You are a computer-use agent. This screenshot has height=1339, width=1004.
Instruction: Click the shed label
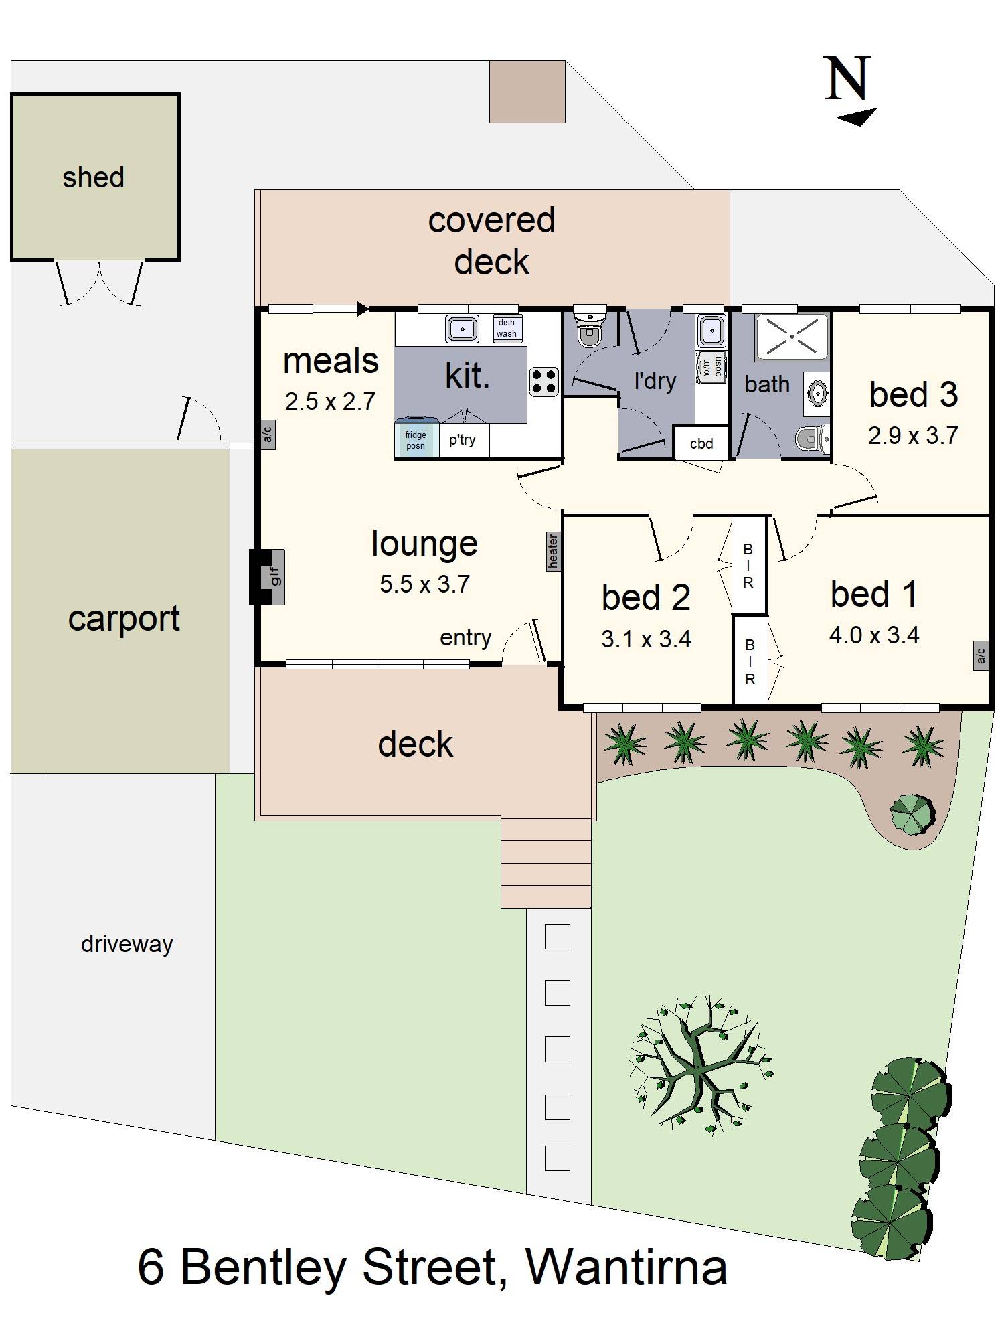(93, 178)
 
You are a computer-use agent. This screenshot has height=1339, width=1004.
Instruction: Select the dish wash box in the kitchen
(507, 328)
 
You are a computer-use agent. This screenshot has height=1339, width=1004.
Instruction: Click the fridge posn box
(416, 440)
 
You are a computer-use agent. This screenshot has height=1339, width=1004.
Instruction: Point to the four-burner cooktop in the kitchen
(544, 382)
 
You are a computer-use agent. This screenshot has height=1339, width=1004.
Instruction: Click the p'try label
(463, 440)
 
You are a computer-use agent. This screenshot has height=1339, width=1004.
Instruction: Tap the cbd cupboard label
(701, 443)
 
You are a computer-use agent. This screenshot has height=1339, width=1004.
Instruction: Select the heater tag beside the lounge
(553, 552)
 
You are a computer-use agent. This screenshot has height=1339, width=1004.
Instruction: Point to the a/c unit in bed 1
(981, 655)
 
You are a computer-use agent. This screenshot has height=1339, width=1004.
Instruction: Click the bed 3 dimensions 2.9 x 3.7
(913, 436)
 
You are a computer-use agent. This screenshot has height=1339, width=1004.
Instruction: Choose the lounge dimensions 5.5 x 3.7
(424, 584)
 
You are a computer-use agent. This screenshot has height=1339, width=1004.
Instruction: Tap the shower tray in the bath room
(792, 336)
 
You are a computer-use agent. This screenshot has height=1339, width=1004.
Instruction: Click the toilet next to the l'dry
(590, 329)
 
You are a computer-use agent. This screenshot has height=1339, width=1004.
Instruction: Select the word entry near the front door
(465, 637)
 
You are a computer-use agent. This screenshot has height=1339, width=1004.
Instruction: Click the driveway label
(127, 944)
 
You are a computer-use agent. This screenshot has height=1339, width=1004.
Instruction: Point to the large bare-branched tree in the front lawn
(699, 1065)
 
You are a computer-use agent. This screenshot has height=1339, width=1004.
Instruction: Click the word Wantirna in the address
(626, 1267)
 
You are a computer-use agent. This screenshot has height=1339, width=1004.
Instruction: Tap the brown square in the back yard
(527, 92)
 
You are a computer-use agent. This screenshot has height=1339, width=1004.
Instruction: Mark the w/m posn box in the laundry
(711, 366)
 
